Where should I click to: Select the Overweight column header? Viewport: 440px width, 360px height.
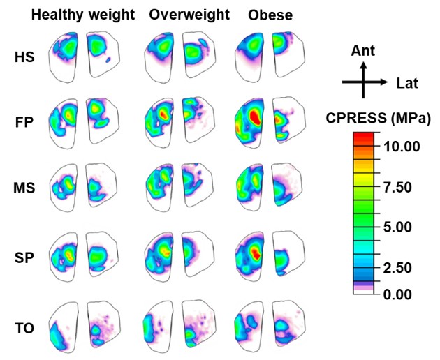pos(189,15)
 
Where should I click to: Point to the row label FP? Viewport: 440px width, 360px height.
pos(24,123)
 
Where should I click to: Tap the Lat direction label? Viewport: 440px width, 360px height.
pos(407,84)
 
